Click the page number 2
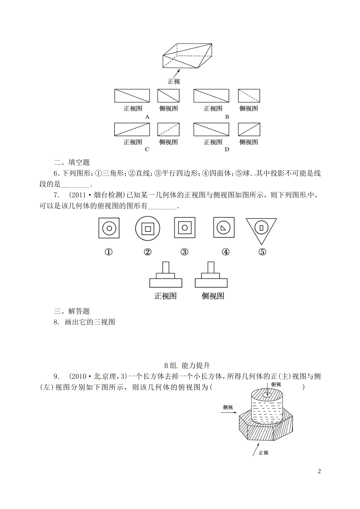pos(319,471)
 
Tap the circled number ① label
pos(109,252)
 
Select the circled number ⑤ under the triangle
pos(262,252)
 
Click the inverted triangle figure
pos(261,229)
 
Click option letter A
pos(147,117)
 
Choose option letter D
pos(227,149)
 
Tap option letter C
pos(147,149)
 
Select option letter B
pos(227,117)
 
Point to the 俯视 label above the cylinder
pos(275,385)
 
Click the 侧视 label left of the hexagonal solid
pos(228,408)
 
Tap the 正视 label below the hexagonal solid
pos(263,453)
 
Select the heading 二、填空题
pos(72,162)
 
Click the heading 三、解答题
pos(72,311)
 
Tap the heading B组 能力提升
pos(187,366)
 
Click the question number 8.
pos(56,322)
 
